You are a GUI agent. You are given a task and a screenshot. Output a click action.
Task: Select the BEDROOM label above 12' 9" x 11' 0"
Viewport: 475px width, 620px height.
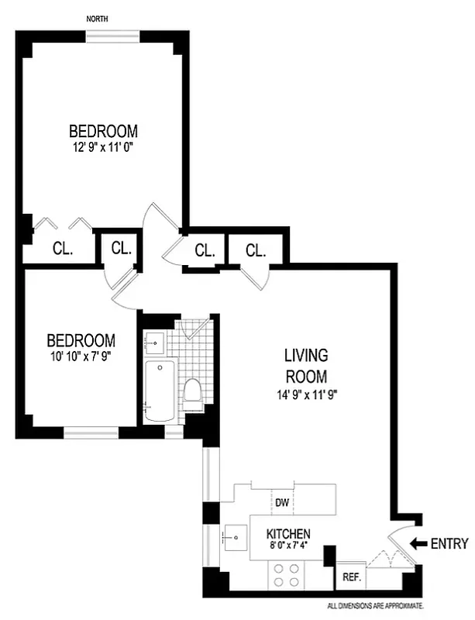click(103, 130)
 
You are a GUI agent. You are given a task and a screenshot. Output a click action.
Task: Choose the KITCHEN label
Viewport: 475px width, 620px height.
click(288, 534)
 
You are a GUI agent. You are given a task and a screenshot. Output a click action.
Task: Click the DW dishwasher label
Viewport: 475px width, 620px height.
click(282, 503)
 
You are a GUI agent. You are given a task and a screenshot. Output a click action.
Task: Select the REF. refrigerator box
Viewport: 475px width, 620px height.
click(349, 577)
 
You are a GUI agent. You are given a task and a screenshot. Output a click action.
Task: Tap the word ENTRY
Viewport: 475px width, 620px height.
click(449, 543)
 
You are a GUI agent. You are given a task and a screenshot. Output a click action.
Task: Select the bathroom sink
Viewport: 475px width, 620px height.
click(153, 340)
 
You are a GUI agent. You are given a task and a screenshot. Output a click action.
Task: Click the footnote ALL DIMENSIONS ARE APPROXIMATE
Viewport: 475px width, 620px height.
click(375, 605)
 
